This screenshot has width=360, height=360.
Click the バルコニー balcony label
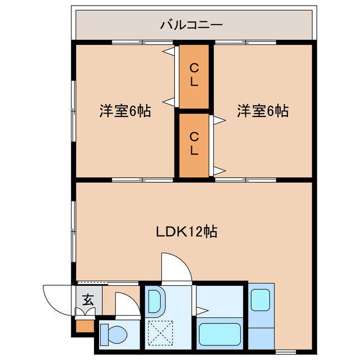click(x=192, y=25)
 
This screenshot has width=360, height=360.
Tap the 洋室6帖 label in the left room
click(x=125, y=111)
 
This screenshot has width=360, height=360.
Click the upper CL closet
click(x=193, y=75)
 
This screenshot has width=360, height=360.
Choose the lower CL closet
click(x=193, y=145)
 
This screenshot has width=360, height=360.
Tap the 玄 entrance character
click(x=88, y=300)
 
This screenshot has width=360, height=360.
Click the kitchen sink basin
click(x=260, y=300)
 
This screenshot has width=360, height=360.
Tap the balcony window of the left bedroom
click(x=142, y=42)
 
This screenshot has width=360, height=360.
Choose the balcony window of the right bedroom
click(x=245, y=42)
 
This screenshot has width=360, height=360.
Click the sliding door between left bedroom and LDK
click(x=142, y=180)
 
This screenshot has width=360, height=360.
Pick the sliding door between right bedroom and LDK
click(x=245, y=180)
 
